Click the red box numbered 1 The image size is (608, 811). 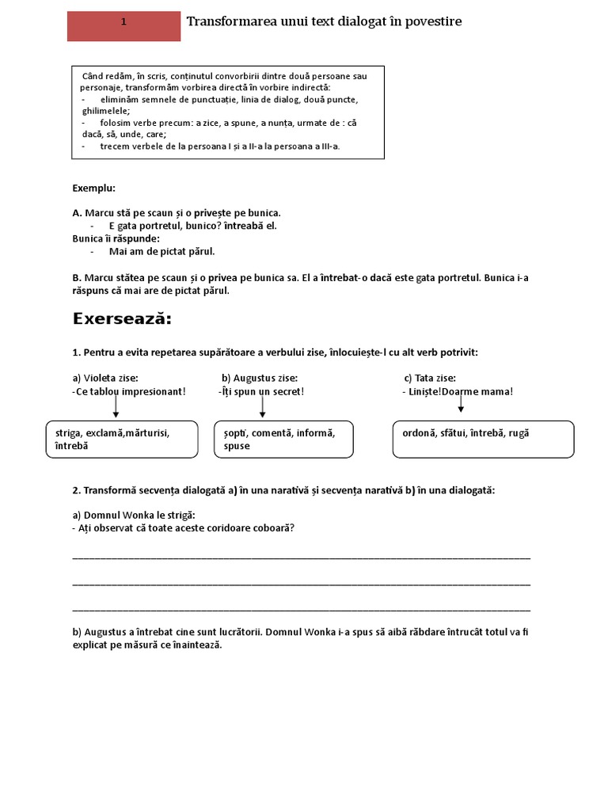pyautogui.click(x=123, y=26)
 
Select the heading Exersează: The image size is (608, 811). pyautogui.click(x=122, y=318)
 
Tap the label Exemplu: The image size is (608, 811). pyautogui.click(x=93, y=188)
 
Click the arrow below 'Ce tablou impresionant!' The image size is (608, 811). pyautogui.click(x=116, y=406)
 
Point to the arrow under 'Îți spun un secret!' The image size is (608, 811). pyautogui.click(x=262, y=406)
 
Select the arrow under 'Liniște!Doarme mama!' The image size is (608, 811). pyautogui.click(x=461, y=404)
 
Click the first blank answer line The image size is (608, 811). pyautogui.click(x=301, y=558)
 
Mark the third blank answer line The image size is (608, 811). pyautogui.click(x=301, y=610)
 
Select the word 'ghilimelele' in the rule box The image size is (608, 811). pyautogui.click(x=105, y=112)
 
